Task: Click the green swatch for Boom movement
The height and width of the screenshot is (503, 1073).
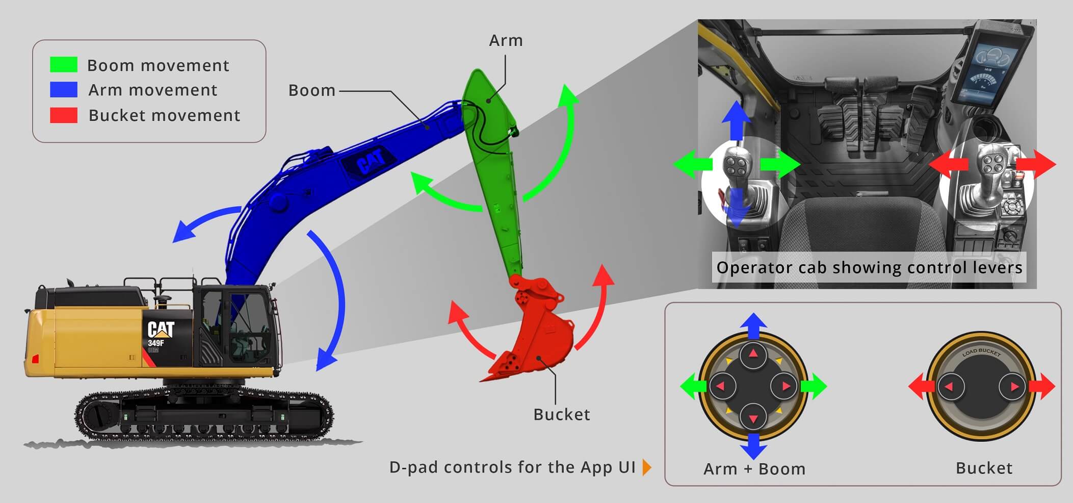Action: (64, 65)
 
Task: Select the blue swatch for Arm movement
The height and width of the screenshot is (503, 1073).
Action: (64, 90)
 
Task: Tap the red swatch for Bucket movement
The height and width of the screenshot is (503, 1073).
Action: (64, 115)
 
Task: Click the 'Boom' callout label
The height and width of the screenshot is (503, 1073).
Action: (312, 90)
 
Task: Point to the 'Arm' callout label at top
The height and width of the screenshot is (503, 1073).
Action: (506, 40)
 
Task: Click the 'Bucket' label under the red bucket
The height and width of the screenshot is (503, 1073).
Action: (562, 414)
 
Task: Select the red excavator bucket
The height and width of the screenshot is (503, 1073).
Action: (535, 332)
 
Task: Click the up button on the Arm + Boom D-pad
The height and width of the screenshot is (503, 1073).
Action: (753, 356)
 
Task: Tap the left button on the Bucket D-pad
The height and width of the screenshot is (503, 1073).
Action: (950, 387)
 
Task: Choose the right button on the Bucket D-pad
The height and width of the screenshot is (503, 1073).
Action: (1012, 387)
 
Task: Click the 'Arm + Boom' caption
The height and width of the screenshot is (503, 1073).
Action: (754, 469)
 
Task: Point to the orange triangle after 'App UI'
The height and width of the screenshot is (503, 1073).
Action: (647, 467)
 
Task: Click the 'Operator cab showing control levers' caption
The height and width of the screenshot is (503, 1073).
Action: (869, 267)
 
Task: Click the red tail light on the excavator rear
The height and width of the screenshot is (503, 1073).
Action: (35, 359)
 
